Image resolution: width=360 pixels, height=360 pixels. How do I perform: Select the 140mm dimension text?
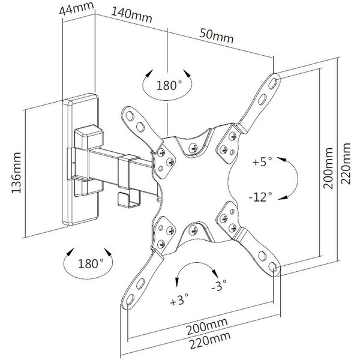[x=131, y=16]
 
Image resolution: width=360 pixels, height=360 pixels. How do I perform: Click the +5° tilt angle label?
[x=263, y=162]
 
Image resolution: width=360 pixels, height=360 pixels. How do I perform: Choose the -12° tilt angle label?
[x=262, y=196]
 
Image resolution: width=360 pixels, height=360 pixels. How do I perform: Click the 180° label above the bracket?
[x=169, y=85]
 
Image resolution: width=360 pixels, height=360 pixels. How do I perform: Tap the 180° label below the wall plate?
[x=90, y=263]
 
